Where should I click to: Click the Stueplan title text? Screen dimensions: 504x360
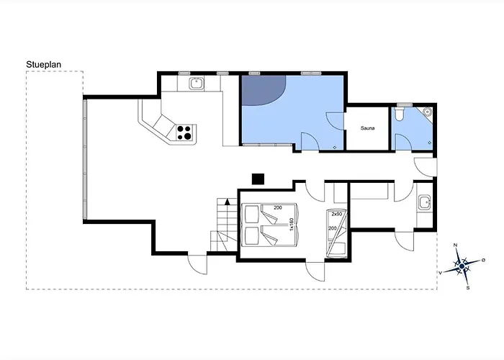(43, 65)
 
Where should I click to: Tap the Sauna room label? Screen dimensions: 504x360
(367, 128)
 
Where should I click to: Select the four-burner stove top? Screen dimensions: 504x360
(184, 132)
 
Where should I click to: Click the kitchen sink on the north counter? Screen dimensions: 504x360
(196, 84)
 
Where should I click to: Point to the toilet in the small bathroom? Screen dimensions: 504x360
(400, 114)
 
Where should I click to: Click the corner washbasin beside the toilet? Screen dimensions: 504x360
(428, 112)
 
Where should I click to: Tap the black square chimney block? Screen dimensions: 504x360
(258, 179)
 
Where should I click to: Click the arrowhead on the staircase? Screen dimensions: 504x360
(228, 202)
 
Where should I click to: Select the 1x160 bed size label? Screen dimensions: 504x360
(292, 224)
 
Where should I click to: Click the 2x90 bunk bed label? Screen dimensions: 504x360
(337, 214)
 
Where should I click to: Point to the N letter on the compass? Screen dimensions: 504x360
(455, 246)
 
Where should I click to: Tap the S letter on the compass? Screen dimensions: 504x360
(468, 288)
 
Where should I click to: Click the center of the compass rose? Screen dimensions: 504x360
(462, 266)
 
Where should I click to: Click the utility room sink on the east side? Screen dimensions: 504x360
(425, 202)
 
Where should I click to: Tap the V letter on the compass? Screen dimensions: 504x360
(441, 273)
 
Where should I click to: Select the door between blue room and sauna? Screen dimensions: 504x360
(336, 121)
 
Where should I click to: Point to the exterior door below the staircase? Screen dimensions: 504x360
(197, 264)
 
